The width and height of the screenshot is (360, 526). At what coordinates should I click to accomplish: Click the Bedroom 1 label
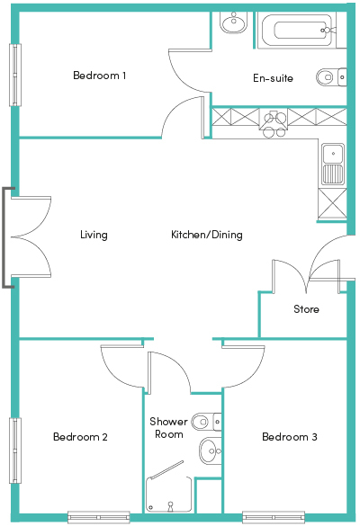coord(99,76)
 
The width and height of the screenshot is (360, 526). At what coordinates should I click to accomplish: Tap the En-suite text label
coord(273,78)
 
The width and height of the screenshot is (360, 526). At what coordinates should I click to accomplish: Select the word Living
coord(94,235)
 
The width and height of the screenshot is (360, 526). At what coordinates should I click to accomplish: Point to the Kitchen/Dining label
coord(207,235)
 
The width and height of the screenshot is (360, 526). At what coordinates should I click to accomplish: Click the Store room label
coord(306,309)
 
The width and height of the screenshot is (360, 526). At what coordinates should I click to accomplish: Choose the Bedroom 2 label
coord(80,437)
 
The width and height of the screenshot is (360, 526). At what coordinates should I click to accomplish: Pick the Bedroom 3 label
coord(290,437)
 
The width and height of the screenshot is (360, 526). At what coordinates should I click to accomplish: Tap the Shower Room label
coord(168,428)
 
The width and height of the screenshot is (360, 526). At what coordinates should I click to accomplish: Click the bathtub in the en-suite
coord(297,31)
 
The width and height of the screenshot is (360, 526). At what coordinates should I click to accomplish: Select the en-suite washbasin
coord(234,22)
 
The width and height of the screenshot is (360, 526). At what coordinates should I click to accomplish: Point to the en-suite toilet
coord(331,77)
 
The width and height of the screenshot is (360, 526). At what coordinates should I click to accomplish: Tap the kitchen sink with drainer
coord(333,165)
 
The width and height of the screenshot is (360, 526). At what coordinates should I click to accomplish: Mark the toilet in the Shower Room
coord(206,422)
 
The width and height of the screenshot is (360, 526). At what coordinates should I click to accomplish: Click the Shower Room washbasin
coord(211,450)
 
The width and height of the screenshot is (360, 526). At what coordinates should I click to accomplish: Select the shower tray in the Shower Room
coord(168,495)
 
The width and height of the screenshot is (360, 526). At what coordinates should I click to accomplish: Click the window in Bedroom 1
coord(15,76)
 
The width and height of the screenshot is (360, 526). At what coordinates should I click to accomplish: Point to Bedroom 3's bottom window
coord(274,517)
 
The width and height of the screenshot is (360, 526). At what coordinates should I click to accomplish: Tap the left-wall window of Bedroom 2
coord(15,450)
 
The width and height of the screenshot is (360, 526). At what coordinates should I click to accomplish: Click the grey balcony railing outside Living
coord(4,237)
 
